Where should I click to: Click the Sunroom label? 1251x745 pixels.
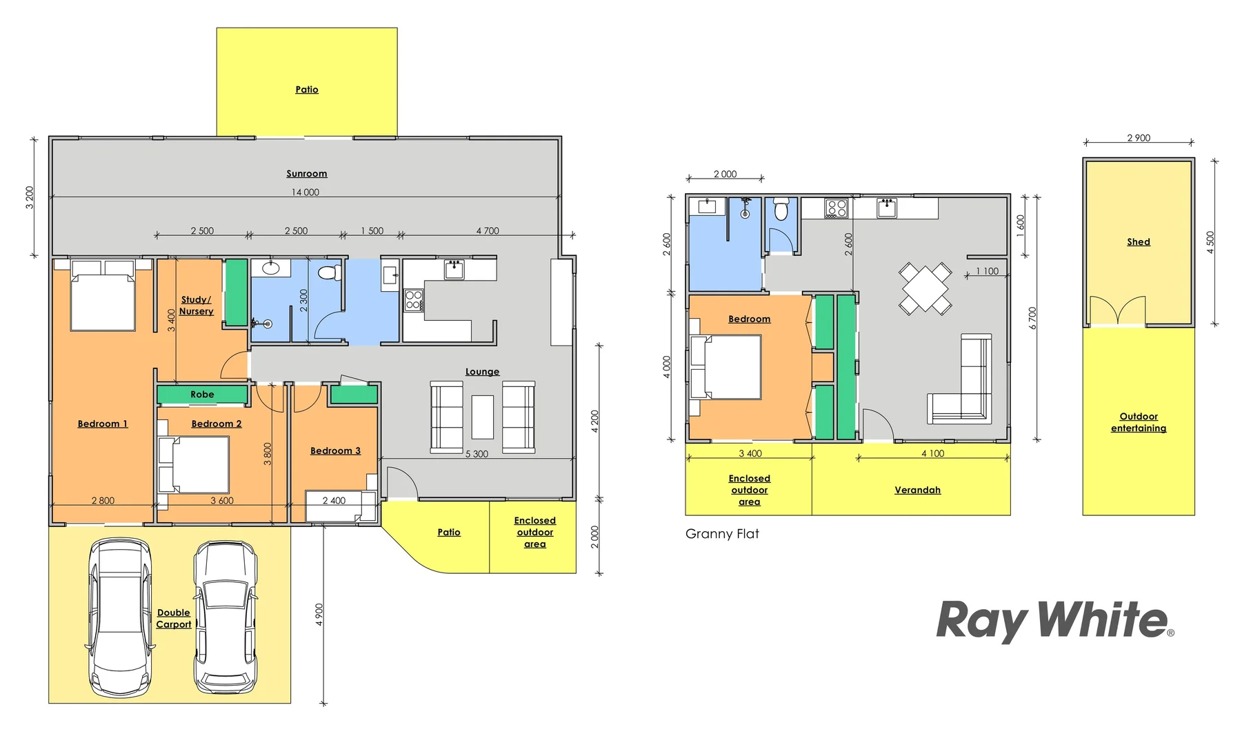(x=307, y=174)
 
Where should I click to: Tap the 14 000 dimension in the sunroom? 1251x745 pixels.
(x=306, y=192)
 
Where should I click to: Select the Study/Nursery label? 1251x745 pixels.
(x=197, y=306)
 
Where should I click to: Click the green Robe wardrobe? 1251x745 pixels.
(x=202, y=395)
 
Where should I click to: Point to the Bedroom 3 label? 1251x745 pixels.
(x=335, y=450)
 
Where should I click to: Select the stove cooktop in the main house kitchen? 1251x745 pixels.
(x=414, y=300)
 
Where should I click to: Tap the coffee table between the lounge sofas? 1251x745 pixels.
(x=483, y=417)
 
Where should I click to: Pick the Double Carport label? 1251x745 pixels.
(x=174, y=618)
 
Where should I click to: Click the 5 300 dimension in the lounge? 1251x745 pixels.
(x=477, y=454)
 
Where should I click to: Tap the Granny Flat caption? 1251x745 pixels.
(x=722, y=533)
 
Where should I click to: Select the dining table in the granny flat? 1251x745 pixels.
(x=925, y=288)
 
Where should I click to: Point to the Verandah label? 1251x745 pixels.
(x=917, y=490)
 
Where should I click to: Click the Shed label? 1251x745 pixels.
(x=1138, y=241)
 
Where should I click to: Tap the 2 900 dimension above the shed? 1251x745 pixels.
(x=1139, y=138)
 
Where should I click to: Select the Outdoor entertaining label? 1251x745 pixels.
(x=1138, y=422)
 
